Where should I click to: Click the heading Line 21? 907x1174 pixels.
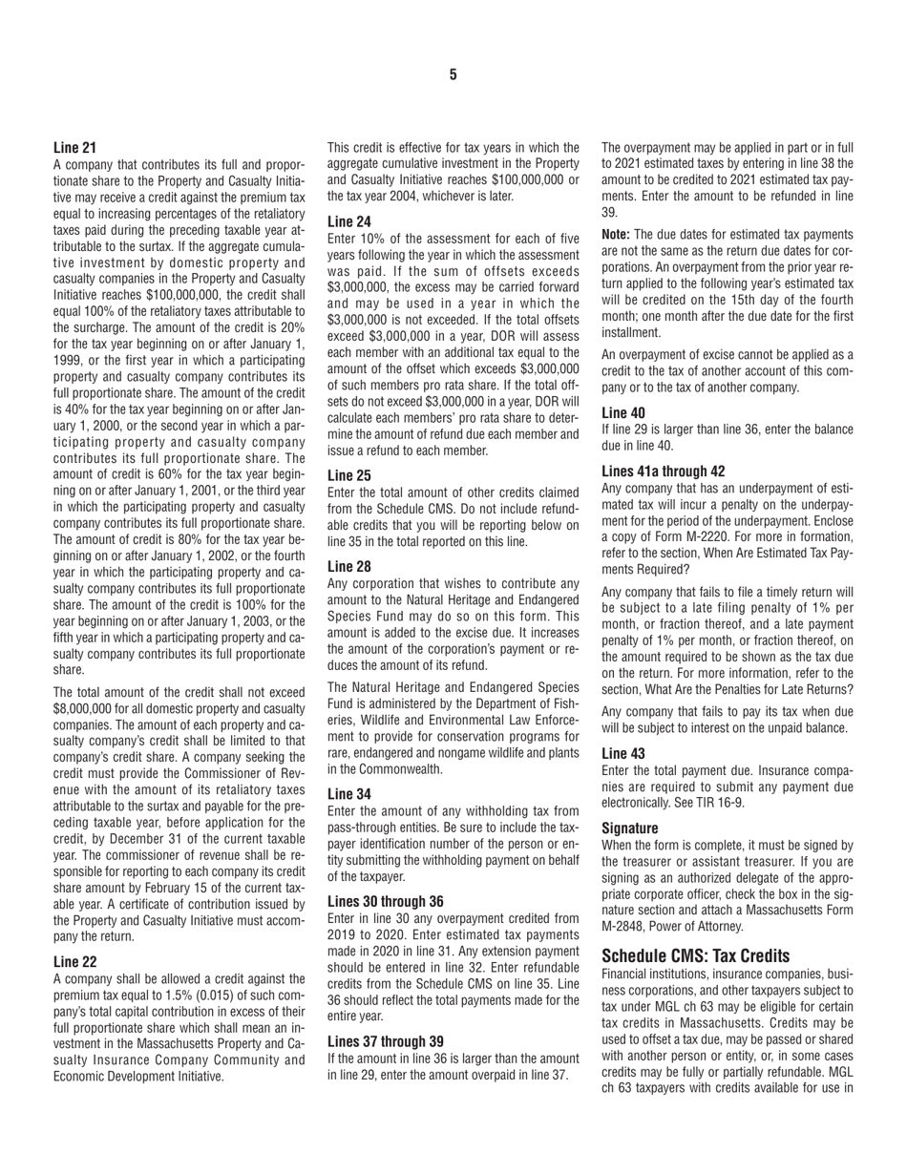click(75, 148)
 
